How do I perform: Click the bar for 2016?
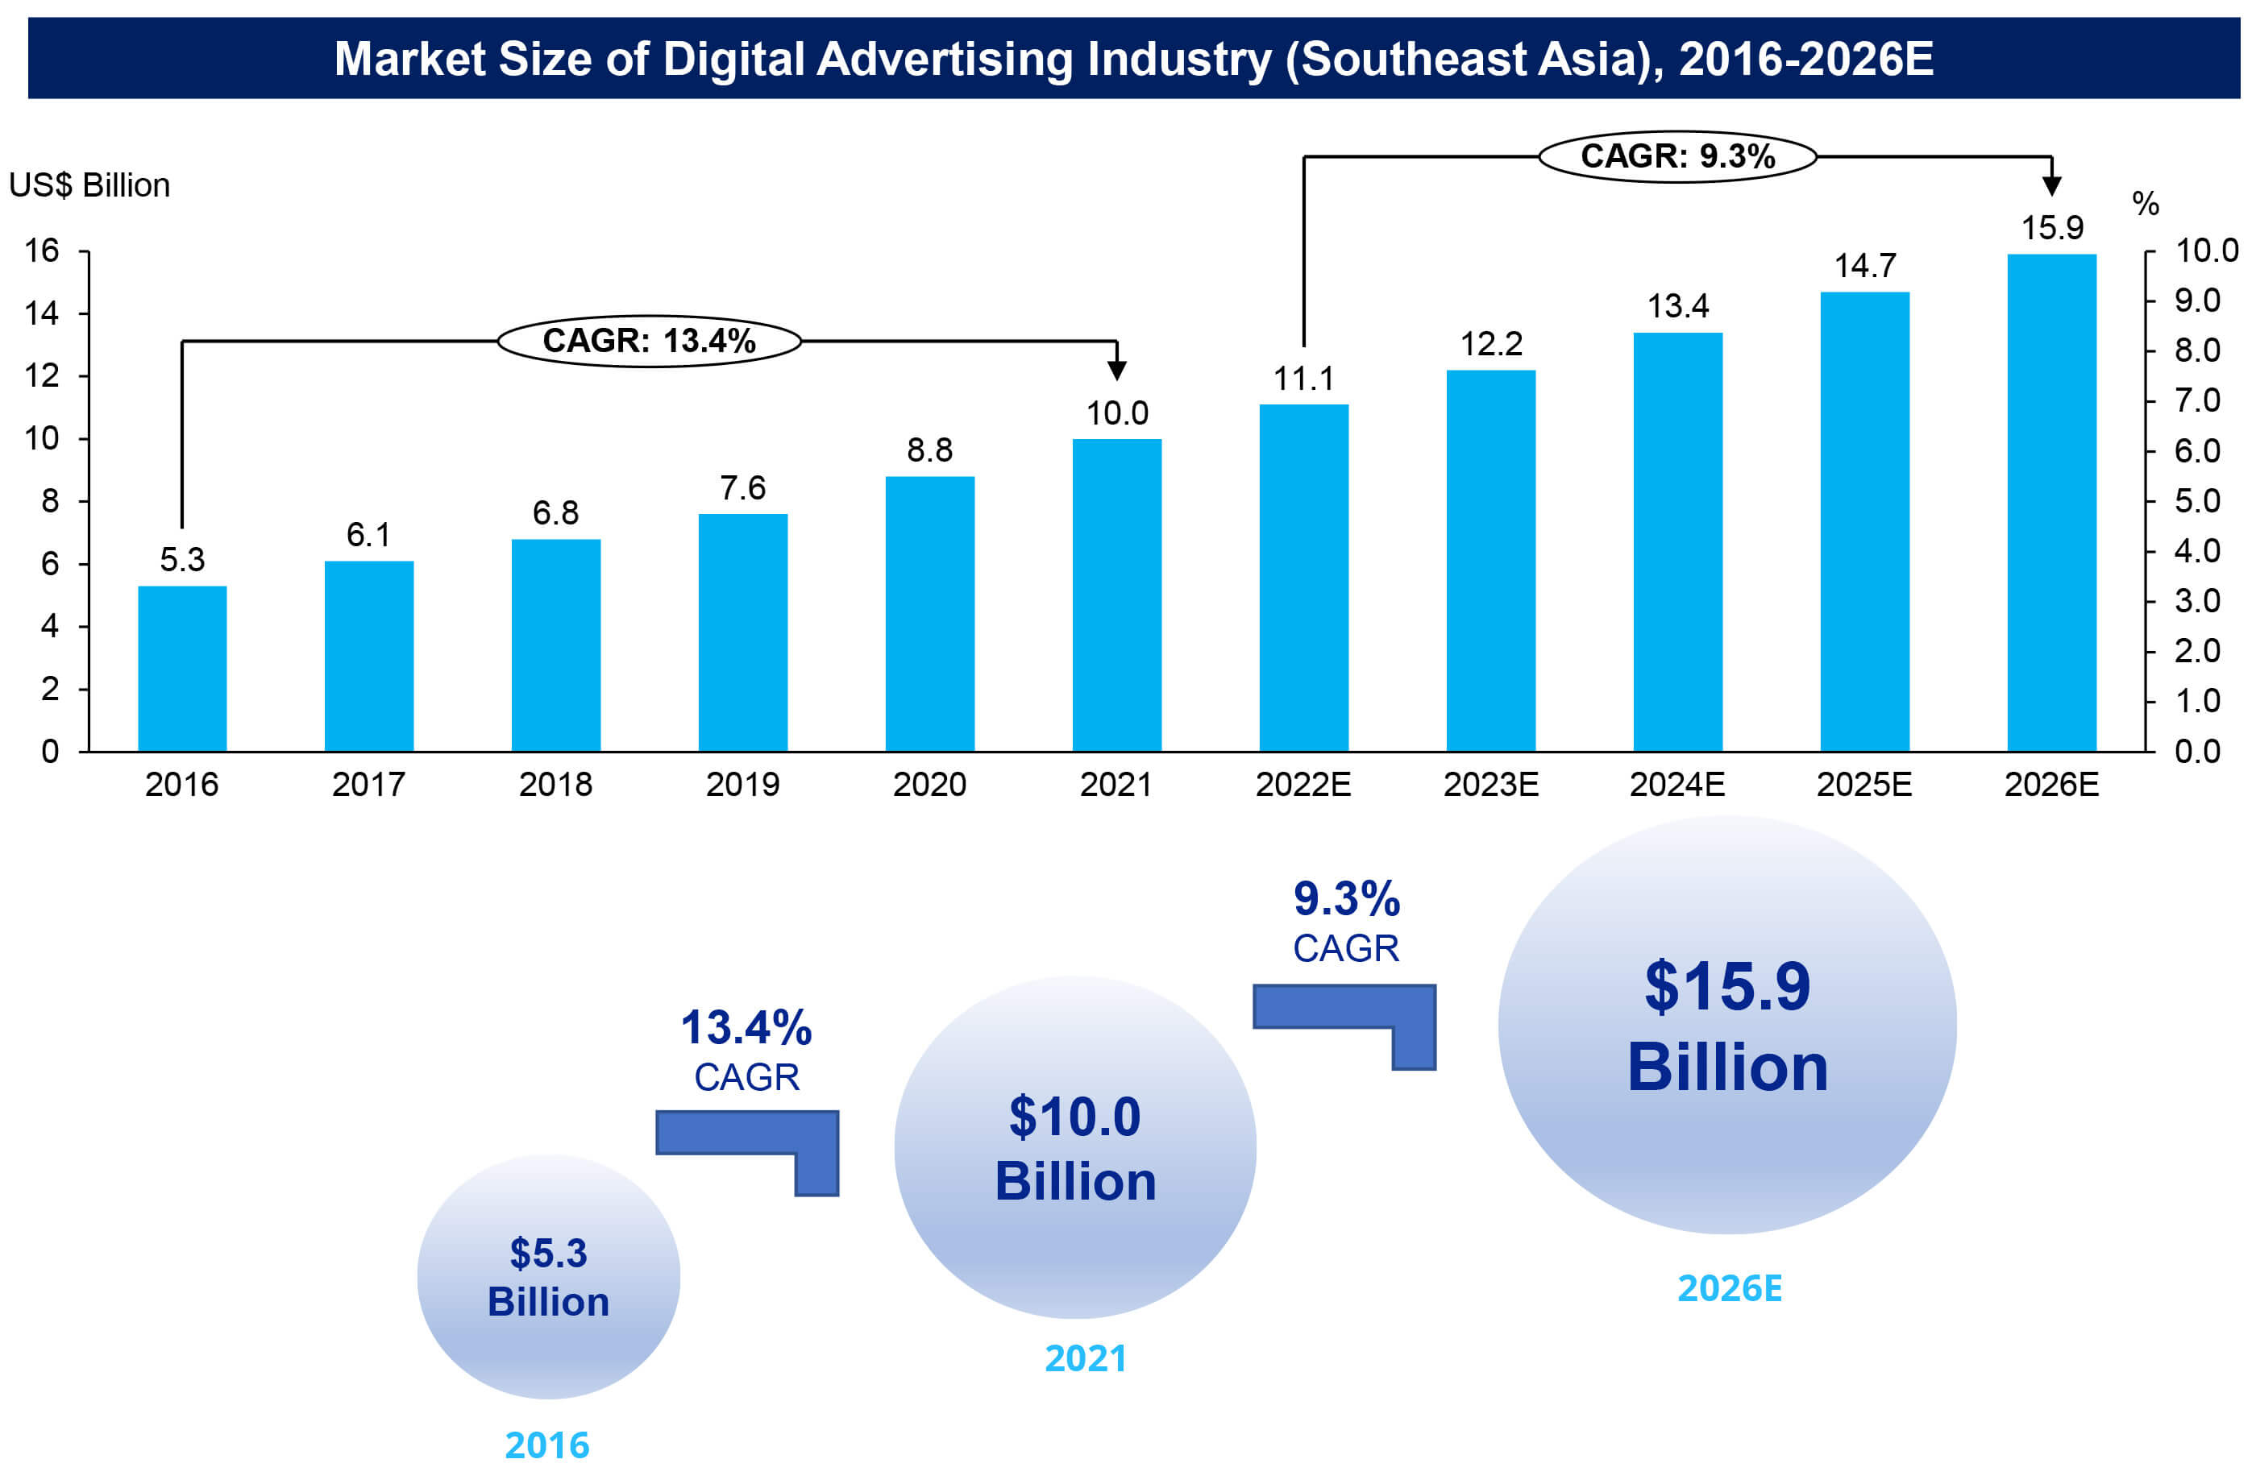pyautogui.click(x=182, y=668)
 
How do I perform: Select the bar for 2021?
pyautogui.click(x=1116, y=595)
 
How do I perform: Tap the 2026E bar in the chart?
pyautogui.click(x=2051, y=502)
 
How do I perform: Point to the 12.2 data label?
pyautogui.click(x=1491, y=344)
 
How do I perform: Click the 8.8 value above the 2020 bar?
pyautogui.click(x=930, y=450)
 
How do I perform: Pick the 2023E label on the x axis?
pyautogui.click(x=1491, y=785)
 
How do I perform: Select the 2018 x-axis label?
pyautogui.click(x=555, y=785)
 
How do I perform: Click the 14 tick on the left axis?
pyautogui.click(x=42, y=313)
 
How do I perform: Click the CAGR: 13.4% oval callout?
pyautogui.click(x=650, y=341)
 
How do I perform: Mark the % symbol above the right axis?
pyautogui.click(x=2145, y=204)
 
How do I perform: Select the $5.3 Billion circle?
pyautogui.click(x=549, y=1276)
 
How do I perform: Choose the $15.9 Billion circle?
pyautogui.click(x=1727, y=1026)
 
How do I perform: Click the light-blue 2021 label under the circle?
pyautogui.click(x=1086, y=1359)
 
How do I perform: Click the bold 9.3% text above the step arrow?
pyautogui.click(x=1346, y=898)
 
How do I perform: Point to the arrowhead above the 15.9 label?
pyautogui.click(x=2051, y=184)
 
